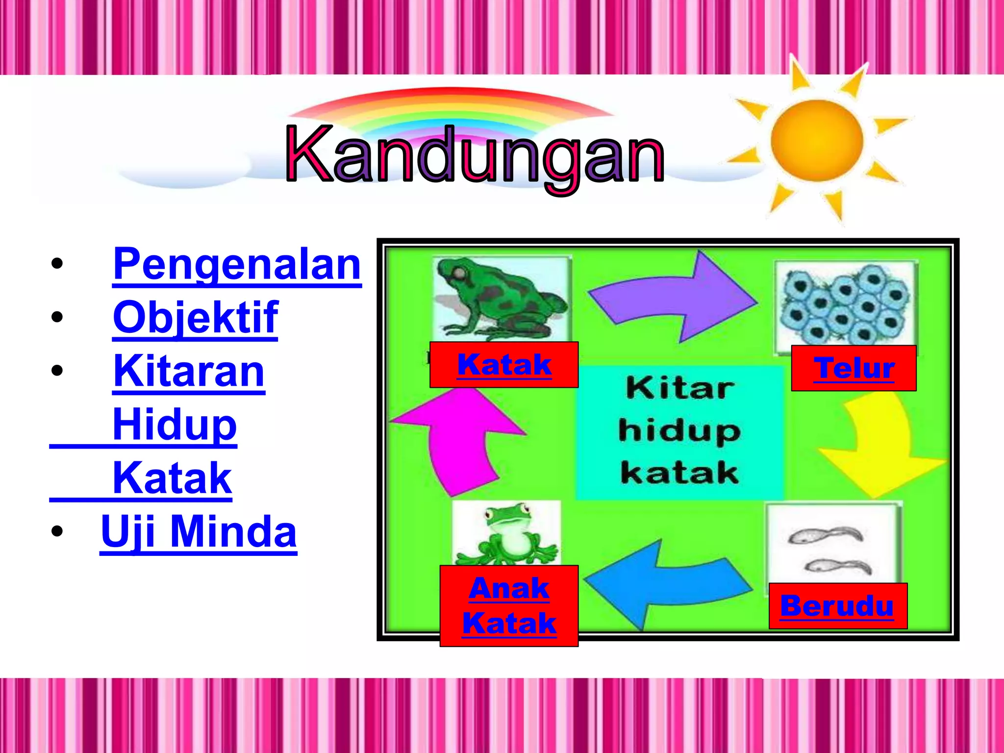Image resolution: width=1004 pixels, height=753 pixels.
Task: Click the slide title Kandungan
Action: click(x=475, y=156)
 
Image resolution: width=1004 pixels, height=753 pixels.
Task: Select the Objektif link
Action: click(x=196, y=318)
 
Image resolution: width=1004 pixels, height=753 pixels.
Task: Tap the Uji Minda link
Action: click(x=199, y=532)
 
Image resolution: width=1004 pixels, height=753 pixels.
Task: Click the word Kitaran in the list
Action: click(x=189, y=372)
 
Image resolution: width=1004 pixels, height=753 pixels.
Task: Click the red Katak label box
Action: click(x=504, y=365)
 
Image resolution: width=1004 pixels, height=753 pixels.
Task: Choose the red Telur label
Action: click(x=853, y=369)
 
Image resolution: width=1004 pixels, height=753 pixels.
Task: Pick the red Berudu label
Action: click(x=837, y=606)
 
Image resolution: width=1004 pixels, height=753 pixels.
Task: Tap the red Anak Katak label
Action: click(x=509, y=606)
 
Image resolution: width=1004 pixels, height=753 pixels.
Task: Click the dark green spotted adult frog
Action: click(x=500, y=299)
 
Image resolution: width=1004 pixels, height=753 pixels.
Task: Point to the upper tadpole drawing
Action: click(x=824, y=536)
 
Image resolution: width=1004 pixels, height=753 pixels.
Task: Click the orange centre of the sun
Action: click(x=816, y=141)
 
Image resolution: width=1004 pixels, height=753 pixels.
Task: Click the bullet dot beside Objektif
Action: click(x=57, y=317)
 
